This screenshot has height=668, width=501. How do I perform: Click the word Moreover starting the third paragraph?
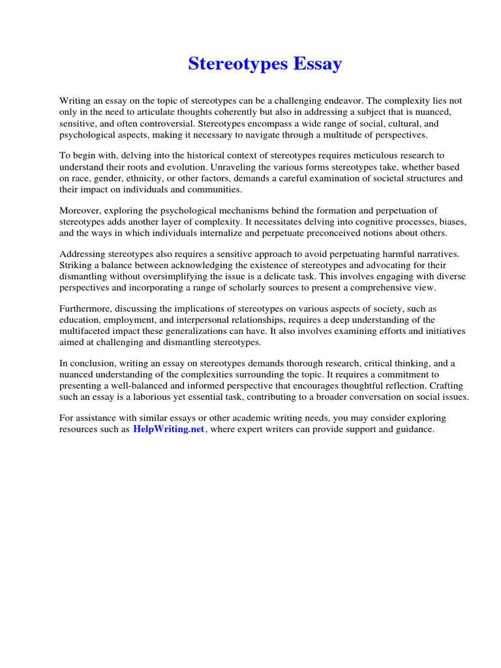point(80,210)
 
